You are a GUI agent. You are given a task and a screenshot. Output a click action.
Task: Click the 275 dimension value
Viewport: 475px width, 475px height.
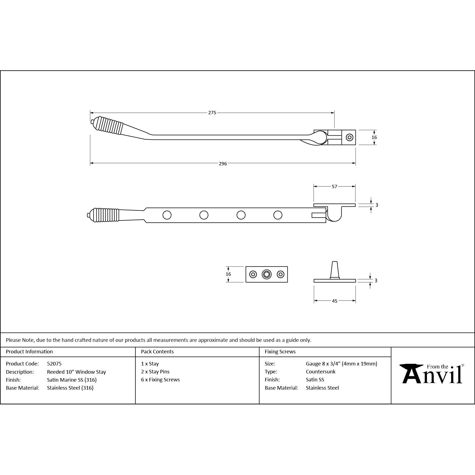(212, 113)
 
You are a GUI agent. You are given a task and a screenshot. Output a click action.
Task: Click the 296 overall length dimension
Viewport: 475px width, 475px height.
(223, 164)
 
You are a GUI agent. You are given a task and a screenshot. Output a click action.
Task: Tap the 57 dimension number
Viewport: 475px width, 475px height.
(334, 187)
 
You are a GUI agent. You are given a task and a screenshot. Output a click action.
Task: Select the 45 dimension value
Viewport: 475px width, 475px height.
(334, 301)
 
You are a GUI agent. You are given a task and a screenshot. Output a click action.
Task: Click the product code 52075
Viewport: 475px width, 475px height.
(54, 364)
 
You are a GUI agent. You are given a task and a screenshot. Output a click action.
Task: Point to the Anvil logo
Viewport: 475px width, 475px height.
(432, 374)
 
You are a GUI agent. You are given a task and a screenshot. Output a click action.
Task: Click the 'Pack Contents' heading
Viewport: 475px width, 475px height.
(157, 352)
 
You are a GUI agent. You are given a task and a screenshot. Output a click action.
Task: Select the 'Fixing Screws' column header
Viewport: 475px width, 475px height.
(280, 352)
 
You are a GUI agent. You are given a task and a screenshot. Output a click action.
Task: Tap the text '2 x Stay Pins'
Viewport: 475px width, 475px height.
(155, 371)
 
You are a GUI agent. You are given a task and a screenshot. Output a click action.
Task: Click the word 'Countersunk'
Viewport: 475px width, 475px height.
(320, 371)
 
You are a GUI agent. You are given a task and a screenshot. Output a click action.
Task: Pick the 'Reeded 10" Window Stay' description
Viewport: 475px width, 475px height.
(76, 372)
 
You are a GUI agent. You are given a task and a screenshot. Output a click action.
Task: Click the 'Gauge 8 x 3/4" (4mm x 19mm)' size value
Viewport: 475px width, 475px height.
(341, 364)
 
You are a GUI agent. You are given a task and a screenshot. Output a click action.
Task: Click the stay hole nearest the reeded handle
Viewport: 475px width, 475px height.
(167, 215)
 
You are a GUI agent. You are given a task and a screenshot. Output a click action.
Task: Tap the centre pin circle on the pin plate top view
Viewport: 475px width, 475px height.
(267, 274)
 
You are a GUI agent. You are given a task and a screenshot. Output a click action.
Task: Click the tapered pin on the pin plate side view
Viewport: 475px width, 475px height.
(334, 270)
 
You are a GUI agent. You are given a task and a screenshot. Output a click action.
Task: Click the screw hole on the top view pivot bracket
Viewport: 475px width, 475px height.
(349, 137)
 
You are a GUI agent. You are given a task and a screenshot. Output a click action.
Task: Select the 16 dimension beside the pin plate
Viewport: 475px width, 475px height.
(228, 274)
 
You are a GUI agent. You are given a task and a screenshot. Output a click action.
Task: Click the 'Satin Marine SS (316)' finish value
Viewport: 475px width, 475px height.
(72, 380)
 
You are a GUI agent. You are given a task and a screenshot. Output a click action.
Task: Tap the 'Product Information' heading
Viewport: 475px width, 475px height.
(29, 352)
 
